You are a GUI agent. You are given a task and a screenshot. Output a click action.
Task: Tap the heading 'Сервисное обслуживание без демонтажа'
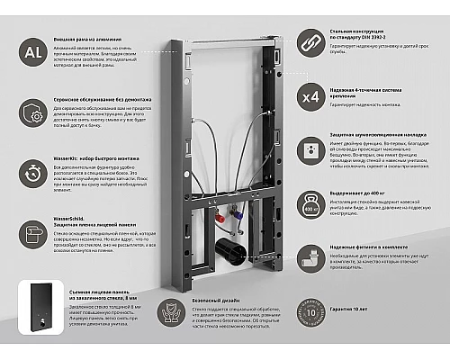coord(98,103)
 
